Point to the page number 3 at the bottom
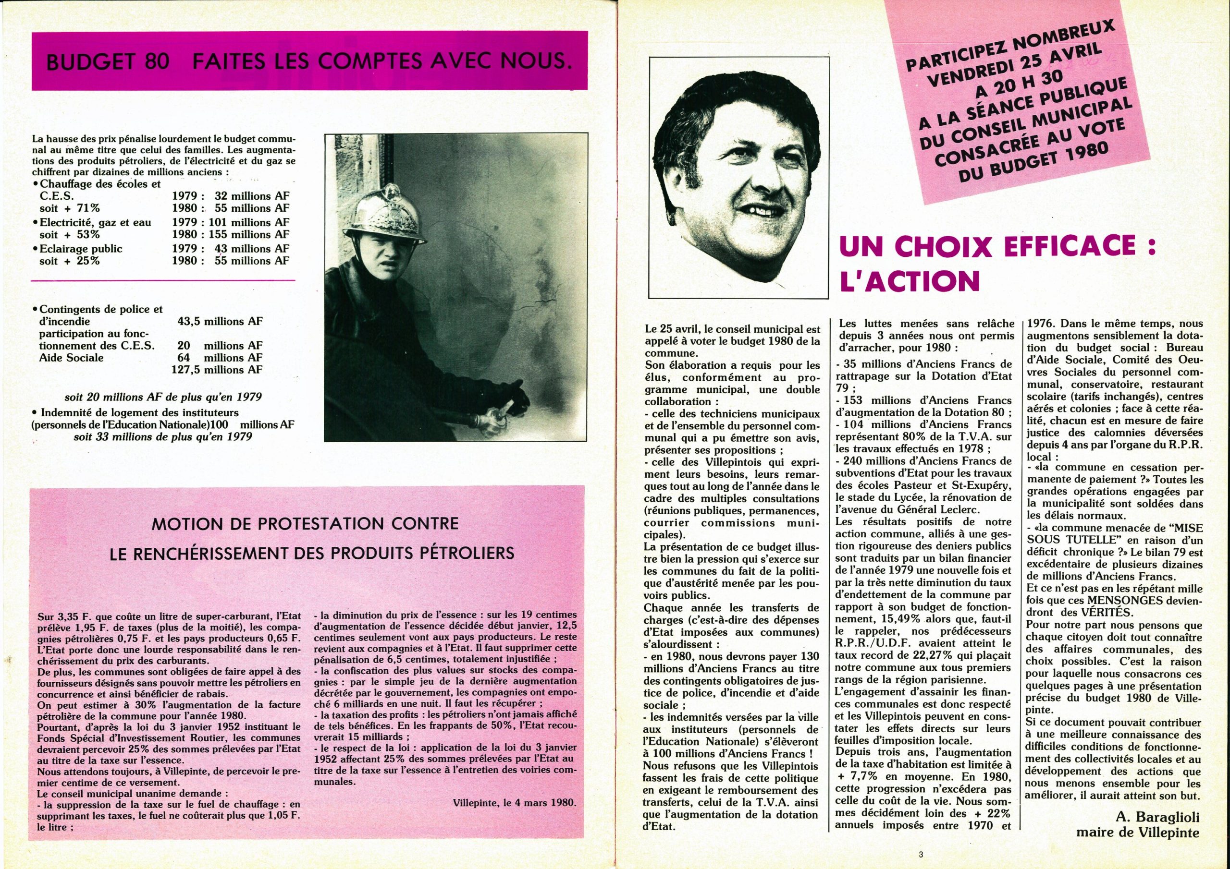[x=921, y=855]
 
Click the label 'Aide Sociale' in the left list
[x=72, y=358]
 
